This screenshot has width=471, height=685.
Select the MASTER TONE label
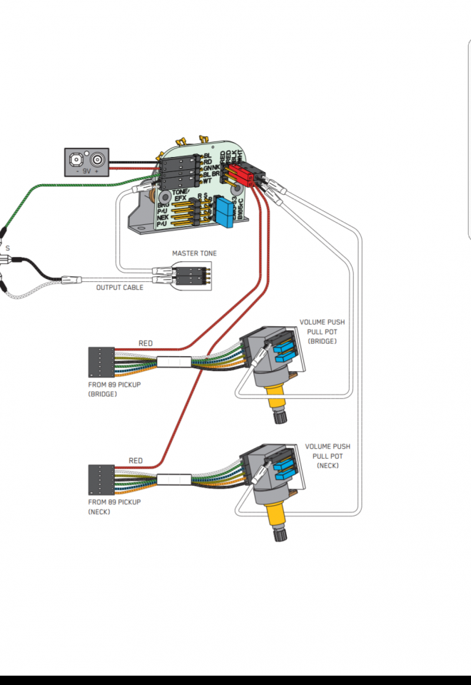(194, 253)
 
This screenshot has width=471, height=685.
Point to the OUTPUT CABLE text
(120, 288)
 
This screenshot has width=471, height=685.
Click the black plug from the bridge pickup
(101, 362)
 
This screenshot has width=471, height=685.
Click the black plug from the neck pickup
(101, 479)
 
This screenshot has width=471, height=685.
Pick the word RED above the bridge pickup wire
(145, 344)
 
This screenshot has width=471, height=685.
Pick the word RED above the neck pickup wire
(135, 461)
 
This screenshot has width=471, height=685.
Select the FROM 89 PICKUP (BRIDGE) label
(115, 390)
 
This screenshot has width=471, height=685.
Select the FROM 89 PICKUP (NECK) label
(114, 507)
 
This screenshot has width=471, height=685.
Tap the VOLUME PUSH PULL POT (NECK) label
(328, 455)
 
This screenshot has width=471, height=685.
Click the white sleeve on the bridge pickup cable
(173, 361)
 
